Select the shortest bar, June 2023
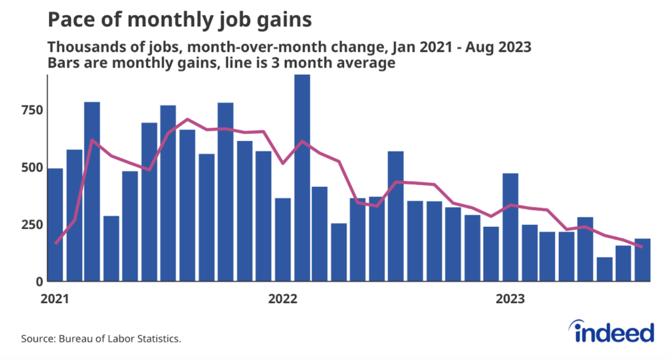coord(605,270)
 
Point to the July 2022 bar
coord(395,216)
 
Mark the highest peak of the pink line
coord(187,119)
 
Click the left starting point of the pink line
coord(56,243)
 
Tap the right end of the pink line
coord(642,247)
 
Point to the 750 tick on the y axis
coord(32,110)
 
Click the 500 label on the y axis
coord(32,167)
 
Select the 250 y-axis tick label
coord(32,224)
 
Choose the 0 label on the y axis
coord(40,282)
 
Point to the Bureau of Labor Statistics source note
coord(101,339)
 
